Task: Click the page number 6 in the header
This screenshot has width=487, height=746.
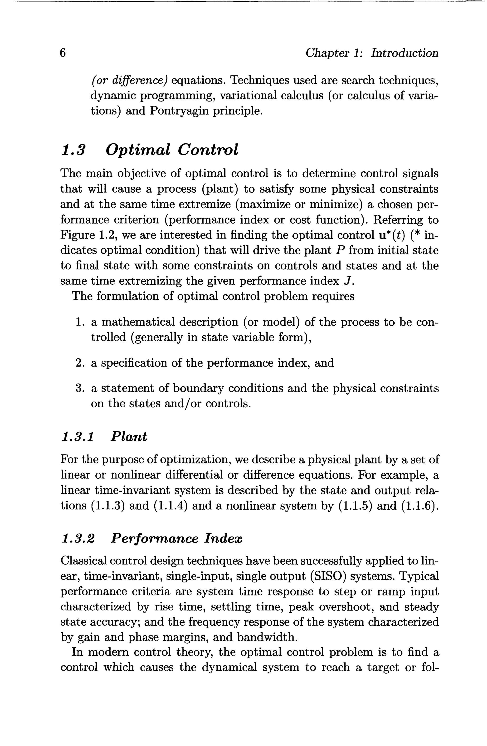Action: coord(63,53)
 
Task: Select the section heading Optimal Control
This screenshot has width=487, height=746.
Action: coord(172,149)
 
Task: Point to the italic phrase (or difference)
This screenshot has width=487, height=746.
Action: coord(129,80)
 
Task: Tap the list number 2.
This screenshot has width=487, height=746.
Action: coord(79,363)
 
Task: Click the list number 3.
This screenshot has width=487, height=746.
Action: coord(79,389)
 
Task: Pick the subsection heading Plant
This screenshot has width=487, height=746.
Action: coord(129,437)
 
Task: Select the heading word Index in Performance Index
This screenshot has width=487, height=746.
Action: coord(223,538)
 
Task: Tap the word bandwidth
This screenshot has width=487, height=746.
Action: coord(266,637)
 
